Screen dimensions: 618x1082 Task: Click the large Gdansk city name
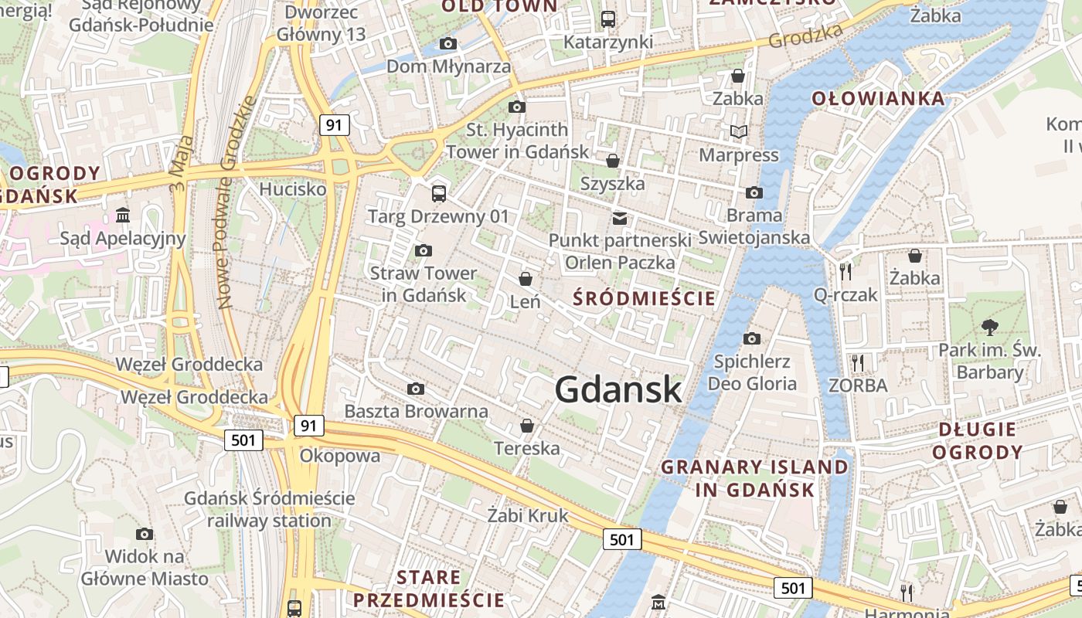(x=618, y=389)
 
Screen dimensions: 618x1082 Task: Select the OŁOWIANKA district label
(x=878, y=98)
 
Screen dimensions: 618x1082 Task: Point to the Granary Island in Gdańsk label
(x=755, y=478)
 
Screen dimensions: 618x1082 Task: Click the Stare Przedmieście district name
(x=428, y=589)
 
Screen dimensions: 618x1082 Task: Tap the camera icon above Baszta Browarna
(x=416, y=389)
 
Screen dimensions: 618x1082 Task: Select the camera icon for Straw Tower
(x=423, y=250)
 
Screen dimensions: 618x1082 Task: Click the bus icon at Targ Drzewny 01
(x=438, y=193)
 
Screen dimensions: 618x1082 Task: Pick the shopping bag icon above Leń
(x=526, y=278)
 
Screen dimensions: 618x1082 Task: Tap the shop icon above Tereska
(x=527, y=425)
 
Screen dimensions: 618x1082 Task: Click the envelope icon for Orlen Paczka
(x=620, y=219)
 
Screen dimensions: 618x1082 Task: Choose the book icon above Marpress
(x=739, y=132)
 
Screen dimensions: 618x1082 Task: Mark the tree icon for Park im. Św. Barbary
(x=988, y=327)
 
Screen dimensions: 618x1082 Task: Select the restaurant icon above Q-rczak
(x=846, y=271)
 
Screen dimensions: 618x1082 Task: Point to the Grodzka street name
(x=805, y=35)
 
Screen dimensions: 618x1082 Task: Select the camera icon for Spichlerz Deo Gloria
(x=751, y=338)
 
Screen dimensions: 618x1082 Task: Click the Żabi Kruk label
(x=528, y=514)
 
